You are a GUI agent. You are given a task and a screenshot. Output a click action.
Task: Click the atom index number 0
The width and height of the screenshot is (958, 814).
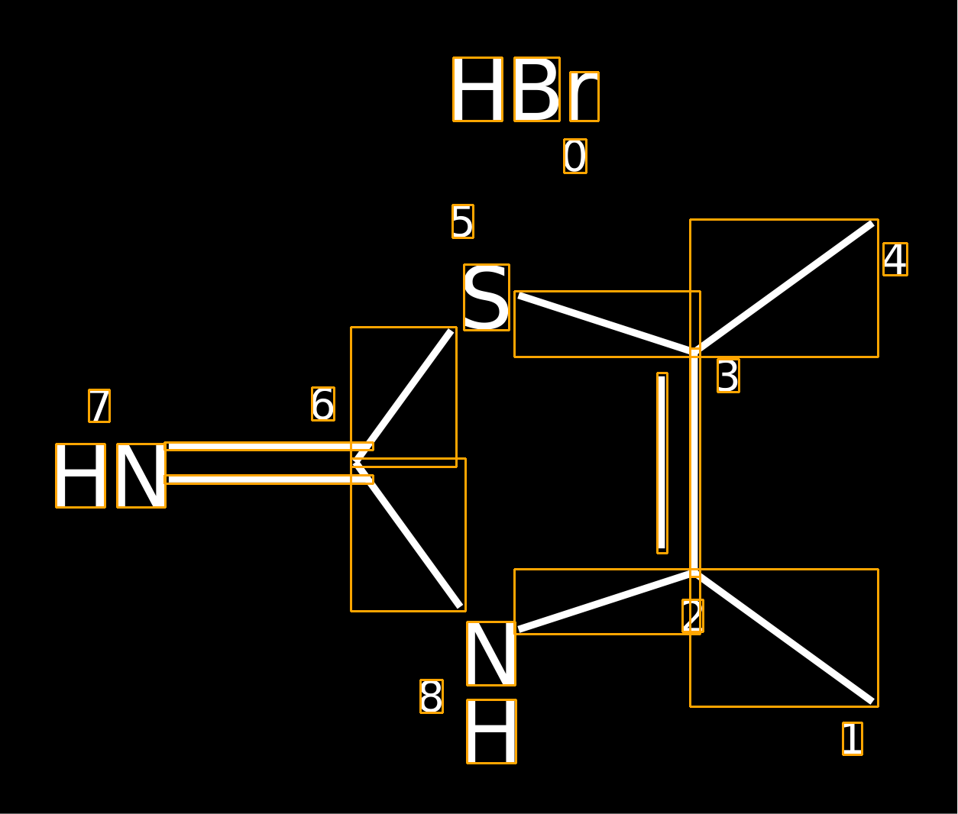click(x=575, y=156)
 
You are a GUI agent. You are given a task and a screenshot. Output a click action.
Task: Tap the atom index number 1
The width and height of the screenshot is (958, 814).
click(x=853, y=738)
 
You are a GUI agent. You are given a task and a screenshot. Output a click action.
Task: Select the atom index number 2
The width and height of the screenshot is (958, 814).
click(x=692, y=615)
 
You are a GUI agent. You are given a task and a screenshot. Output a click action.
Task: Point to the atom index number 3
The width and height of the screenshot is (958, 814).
click(x=728, y=376)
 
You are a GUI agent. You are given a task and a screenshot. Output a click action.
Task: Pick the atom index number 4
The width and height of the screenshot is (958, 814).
click(x=895, y=259)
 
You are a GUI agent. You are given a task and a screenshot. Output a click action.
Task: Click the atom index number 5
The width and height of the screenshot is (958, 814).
click(x=462, y=221)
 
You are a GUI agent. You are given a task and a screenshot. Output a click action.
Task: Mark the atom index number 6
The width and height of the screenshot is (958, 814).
click(x=323, y=404)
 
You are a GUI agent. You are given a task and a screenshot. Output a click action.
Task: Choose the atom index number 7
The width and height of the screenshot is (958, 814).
click(x=99, y=405)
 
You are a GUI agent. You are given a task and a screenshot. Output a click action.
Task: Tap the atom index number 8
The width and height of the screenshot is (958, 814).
click(x=432, y=696)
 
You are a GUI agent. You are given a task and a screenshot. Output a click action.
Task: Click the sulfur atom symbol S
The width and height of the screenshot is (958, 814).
click(x=487, y=298)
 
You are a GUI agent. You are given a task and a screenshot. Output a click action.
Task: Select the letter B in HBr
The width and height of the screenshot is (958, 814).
click(x=537, y=89)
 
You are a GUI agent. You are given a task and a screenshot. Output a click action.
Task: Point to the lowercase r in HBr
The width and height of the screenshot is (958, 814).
click(x=584, y=96)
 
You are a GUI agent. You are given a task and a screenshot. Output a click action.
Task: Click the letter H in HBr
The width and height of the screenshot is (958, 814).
click(x=477, y=89)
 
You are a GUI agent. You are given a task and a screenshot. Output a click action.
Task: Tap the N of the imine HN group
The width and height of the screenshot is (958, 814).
click(x=141, y=476)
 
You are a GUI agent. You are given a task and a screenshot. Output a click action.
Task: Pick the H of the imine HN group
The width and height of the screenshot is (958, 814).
click(x=81, y=476)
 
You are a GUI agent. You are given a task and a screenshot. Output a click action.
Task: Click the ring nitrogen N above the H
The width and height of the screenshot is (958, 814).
click(x=491, y=653)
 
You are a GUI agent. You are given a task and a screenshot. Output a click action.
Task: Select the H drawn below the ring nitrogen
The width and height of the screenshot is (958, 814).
click(x=492, y=732)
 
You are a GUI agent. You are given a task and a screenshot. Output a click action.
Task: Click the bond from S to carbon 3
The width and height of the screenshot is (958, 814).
click(x=607, y=325)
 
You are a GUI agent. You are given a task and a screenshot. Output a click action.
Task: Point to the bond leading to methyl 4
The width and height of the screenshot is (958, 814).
click(x=784, y=288)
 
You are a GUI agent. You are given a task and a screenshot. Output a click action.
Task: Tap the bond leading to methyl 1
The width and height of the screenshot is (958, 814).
click(x=784, y=638)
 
